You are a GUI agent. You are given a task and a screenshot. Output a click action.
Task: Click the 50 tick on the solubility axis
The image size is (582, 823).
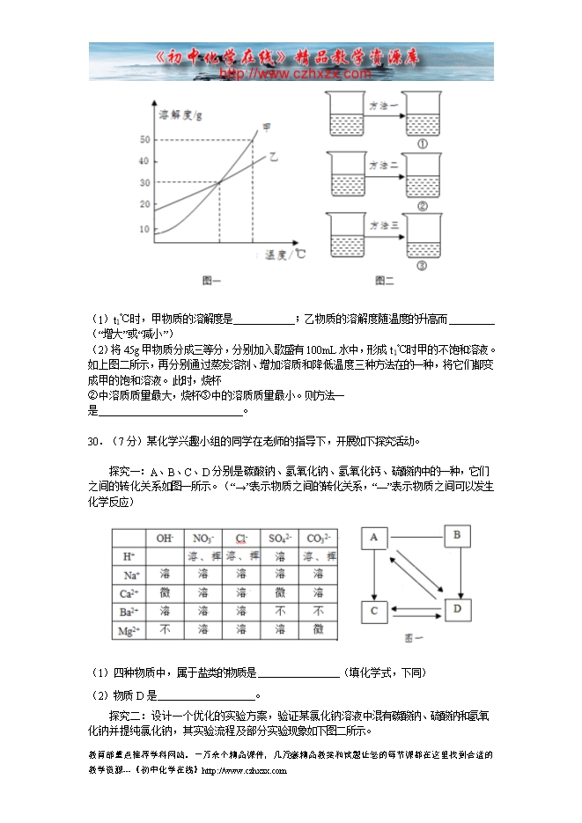click(x=144, y=140)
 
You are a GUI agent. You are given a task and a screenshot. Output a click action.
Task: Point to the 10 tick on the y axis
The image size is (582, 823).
click(x=144, y=229)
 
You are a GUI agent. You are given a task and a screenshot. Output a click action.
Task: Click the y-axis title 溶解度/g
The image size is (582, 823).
click(x=180, y=115)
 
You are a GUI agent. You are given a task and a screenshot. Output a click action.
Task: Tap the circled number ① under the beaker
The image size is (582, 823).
click(x=423, y=144)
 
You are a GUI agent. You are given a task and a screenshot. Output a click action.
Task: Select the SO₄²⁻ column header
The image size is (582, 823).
click(x=279, y=538)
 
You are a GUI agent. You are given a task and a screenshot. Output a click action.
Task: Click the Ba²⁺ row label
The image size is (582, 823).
click(x=127, y=612)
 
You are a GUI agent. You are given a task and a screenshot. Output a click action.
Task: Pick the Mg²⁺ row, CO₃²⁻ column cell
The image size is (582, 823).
click(x=318, y=630)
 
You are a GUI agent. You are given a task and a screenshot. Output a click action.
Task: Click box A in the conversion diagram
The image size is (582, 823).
click(x=374, y=538)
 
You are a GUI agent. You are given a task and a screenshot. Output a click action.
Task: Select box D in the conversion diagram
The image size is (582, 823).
click(x=456, y=608)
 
